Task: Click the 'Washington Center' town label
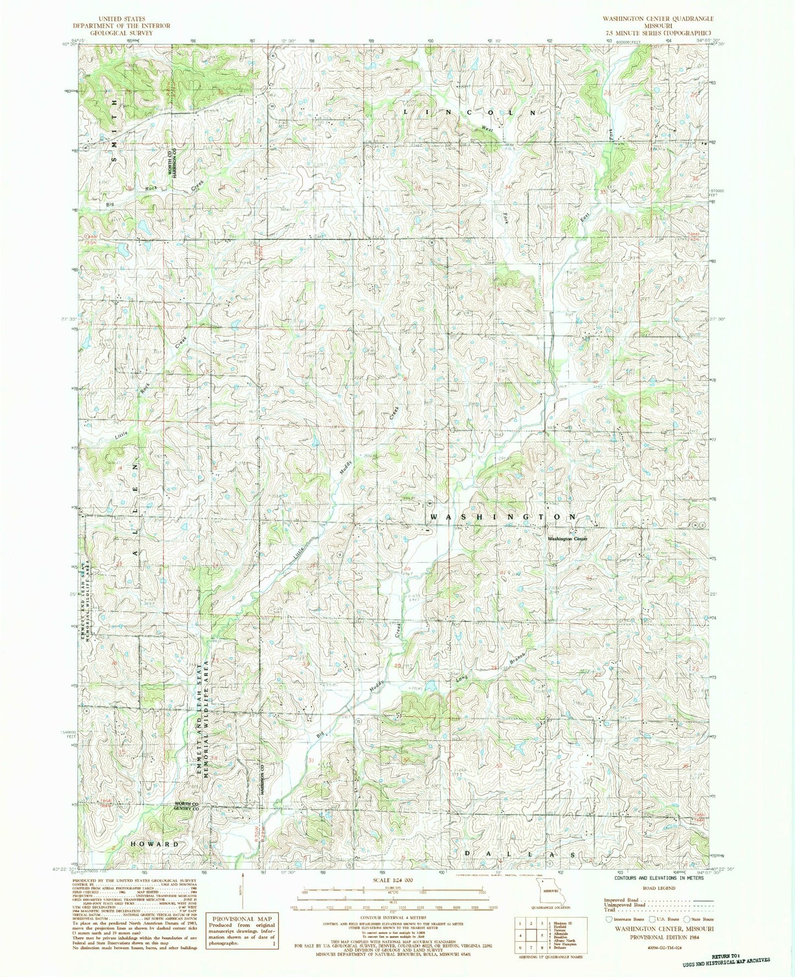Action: (x=567, y=539)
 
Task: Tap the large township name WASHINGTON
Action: (x=503, y=518)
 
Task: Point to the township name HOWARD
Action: (x=155, y=844)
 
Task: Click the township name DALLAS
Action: (x=519, y=854)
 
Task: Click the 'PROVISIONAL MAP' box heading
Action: (x=241, y=919)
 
